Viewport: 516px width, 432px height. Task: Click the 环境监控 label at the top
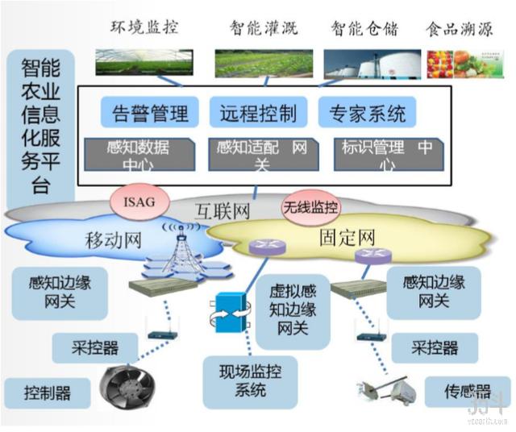pyautogui.click(x=144, y=27)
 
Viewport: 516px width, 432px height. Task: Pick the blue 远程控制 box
pyautogui.click(x=257, y=112)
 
